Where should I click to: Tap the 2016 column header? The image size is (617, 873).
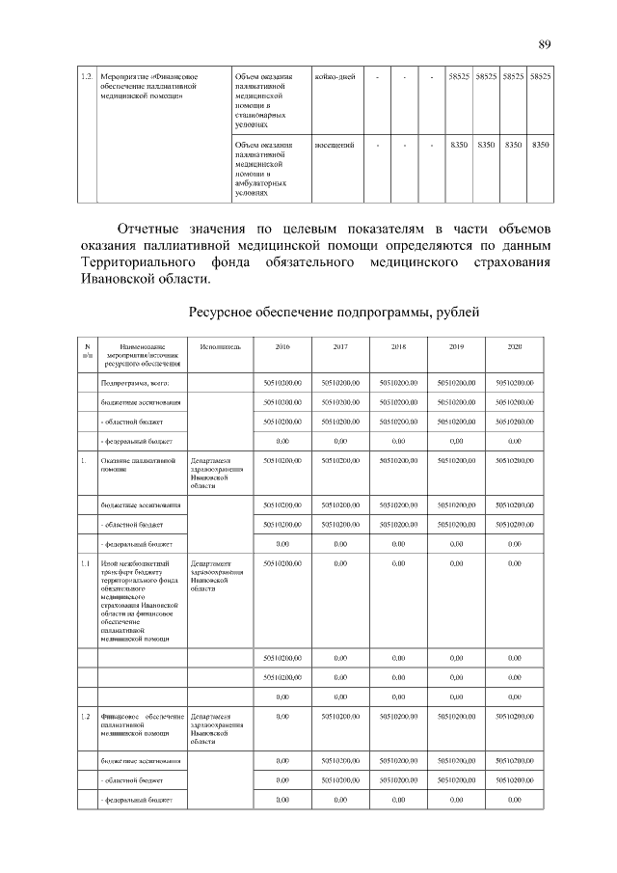coord(282,346)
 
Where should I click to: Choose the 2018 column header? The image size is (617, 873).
coord(399,346)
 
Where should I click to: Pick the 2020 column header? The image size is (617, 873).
coord(515,346)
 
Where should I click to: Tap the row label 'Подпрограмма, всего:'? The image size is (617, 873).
coord(133,383)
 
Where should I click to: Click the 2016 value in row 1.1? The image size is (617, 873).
coord(282,561)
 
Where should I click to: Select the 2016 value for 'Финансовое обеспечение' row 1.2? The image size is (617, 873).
coord(282,716)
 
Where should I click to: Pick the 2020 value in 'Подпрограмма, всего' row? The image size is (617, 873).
coord(515,383)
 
